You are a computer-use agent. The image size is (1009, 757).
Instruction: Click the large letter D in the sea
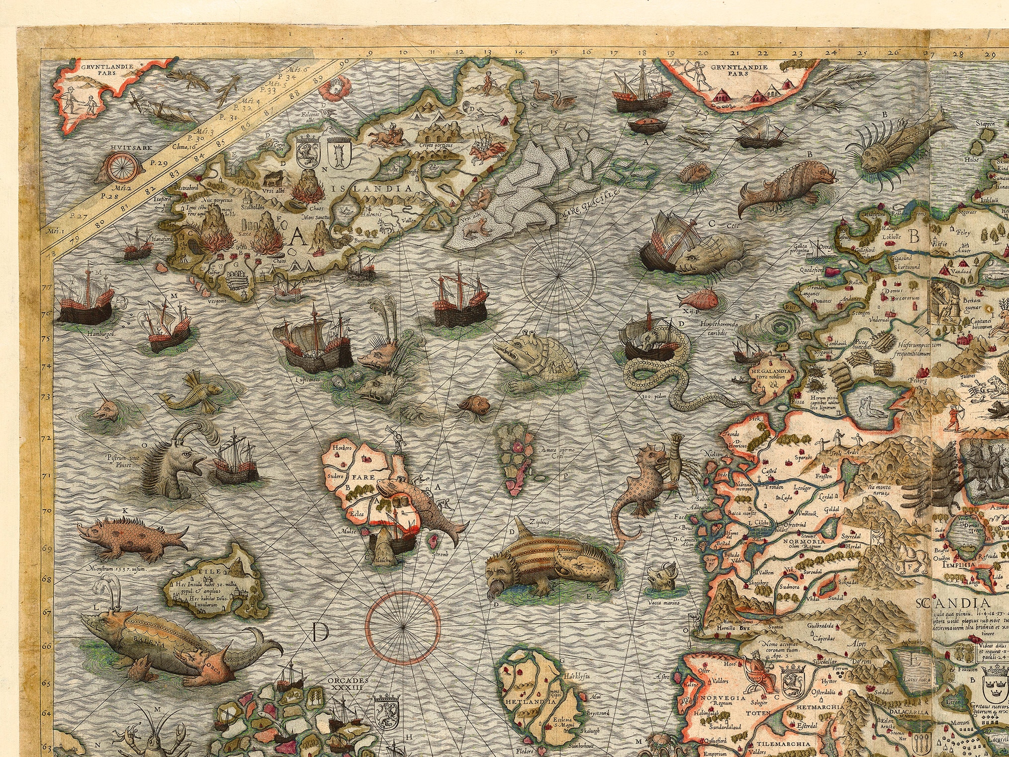pyautogui.click(x=322, y=632)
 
